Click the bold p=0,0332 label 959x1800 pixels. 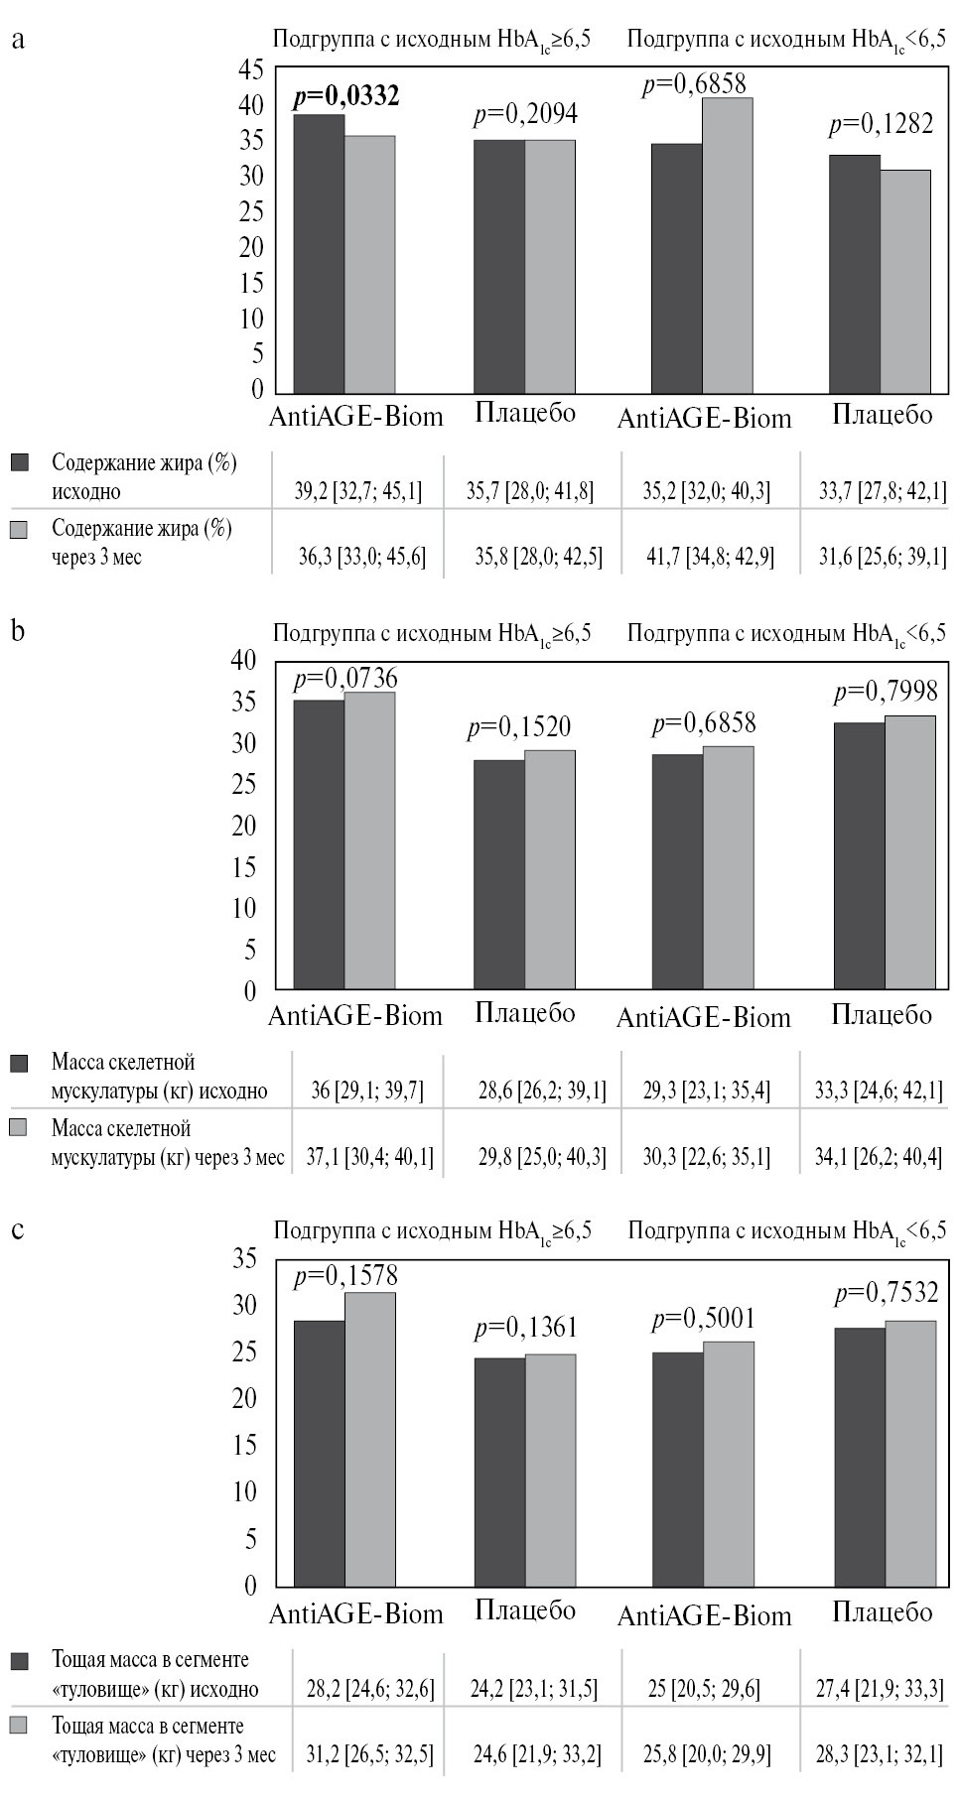[345, 96]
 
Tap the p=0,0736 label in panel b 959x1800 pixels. [345, 679]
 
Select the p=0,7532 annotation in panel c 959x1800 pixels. [886, 1293]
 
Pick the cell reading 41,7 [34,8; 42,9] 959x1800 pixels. [711, 557]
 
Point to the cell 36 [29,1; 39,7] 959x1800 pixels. [367, 1092]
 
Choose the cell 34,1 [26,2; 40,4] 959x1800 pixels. [879, 1157]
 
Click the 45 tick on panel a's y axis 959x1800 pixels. [251, 69]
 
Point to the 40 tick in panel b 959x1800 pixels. [244, 660]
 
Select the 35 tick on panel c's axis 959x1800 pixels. [244, 1259]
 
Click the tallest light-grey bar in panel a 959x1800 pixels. [728, 246]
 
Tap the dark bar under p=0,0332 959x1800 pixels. [319, 254]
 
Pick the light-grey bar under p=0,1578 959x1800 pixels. [370, 1439]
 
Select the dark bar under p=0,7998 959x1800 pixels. [860, 855]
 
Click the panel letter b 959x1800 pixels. [18, 631]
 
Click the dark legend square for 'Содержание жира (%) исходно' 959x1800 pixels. [20, 462]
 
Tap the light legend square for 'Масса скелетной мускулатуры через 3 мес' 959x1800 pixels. [20, 1128]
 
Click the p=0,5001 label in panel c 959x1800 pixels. [703, 1320]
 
